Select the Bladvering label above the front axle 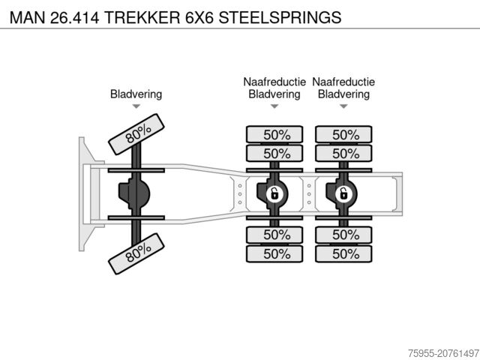[136, 94]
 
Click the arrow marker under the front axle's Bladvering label [136, 107]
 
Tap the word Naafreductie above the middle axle [274, 82]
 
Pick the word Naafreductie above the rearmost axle [344, 82]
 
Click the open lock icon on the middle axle [274, 194]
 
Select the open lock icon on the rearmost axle [343, 194]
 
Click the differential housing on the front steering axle [134, 194]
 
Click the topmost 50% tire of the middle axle [274, 135]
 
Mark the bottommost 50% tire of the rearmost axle [344, 253]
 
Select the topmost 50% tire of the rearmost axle [344, 135]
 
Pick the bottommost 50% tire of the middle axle [274, 253]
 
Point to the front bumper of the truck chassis [85, 194]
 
